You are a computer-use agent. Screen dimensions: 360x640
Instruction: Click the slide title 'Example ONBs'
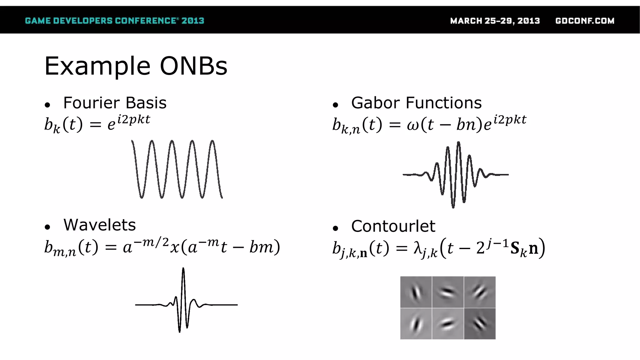click(x=136, y=66)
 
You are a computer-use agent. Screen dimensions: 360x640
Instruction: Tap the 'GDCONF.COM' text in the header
click(x=585, y=21)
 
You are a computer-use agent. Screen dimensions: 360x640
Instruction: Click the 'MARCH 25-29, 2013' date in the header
click(x=495, y=21)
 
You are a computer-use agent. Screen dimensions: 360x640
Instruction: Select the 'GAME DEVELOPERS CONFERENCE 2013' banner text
click(x=114, y=21)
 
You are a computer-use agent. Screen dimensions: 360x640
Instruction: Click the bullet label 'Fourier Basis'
click(x=115, y=103)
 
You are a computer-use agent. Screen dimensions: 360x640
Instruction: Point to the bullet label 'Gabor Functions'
click(x=416, y=103)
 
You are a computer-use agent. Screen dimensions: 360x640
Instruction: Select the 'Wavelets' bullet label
click(x=99, y=225)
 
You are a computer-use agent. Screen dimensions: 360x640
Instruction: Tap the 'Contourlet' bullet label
click(x=393, y=226)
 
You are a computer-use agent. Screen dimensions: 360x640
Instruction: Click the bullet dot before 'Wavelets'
click(x=47, y=227)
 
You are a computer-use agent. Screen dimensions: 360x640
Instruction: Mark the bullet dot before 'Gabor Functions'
click(x=335, y=105)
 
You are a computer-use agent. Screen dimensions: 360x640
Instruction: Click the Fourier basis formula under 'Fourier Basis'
click(x=97, y=124)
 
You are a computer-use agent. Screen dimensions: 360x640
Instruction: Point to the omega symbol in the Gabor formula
click(x=413, y=125)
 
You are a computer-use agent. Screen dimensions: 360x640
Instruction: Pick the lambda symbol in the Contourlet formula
click(x=418, y=248)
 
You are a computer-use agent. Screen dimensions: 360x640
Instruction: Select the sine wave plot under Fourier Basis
click(x=177, y=169)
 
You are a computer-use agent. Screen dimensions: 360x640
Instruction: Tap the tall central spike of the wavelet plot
click(x=183, y=272)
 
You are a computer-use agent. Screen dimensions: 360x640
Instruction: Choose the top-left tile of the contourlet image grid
click(x=416, y=292)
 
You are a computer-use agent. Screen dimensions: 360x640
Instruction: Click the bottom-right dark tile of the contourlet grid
click(x=480, y=324)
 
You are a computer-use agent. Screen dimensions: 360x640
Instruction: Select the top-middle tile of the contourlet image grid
click(x=448, y=292)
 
